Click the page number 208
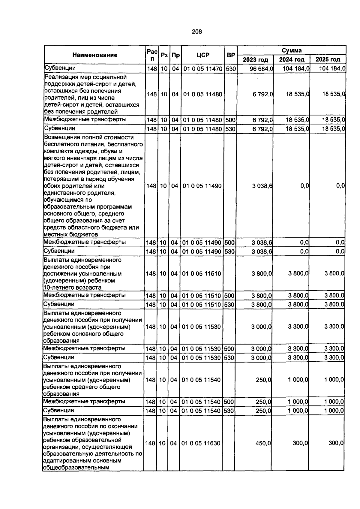point(197,32)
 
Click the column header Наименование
point(95,55)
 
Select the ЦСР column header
point(203,55)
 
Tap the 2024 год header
point(292,59)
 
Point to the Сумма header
point(292,50)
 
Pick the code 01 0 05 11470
point(203,69)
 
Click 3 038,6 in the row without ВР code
point(262,186)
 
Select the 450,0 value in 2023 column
point(263,443)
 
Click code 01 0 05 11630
point(201,443)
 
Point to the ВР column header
point(231,55)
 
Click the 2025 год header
point(328,59)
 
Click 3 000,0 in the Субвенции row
point(261,357)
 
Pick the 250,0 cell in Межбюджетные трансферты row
point(263,402)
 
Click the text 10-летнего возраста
point(72,287)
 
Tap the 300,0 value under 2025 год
point(336,443)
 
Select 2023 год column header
point(255,59)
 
